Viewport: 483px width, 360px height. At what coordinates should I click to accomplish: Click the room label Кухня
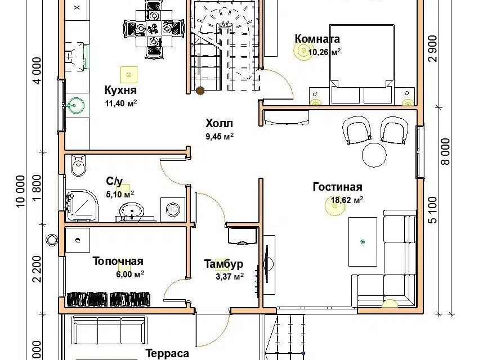pyautogui.click(x=120, y=90)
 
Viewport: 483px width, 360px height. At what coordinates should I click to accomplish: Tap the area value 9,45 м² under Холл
pyautogui.click(x=220, y=136)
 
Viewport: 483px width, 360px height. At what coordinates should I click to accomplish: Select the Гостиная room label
pyautogui.click(x=337, y=187)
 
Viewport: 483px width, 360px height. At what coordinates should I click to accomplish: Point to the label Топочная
pyautogui.click(x=118, y=261)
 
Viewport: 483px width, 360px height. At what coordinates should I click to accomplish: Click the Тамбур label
pyautogui.click(x=223, y=264)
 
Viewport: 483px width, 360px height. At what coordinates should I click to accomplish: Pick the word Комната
pyautogui.click(x=317, y=39)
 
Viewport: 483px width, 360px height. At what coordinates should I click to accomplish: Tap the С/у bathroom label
pyautogui.click(x=114, y=181)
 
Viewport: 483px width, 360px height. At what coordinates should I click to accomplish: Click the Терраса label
pyautogui.click(x=167, y=353)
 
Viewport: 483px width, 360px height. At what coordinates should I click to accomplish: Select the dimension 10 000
pyautogui.click(x=20, y=191)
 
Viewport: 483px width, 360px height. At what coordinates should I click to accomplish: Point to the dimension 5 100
pyautogui.click(x=432, y=210)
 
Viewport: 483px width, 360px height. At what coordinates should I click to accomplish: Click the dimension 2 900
pyautogui.click(x=432, y=48)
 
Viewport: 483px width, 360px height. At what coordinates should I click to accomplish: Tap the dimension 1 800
pyautogui.click(x=37, y=188)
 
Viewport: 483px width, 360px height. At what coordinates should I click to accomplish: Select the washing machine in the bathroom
pyautogui.click(x=173, y=210)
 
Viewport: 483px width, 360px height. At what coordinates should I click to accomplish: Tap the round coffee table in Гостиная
pyautogui.click(x=374, y=155)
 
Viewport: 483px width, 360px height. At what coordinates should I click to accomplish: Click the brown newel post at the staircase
pyautogui.click(x=200, y=91)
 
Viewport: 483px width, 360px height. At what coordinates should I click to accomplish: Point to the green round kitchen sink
pyautogui.click(x=75, y=106)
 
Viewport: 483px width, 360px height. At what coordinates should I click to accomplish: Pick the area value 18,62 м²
pyautogui.click(x=347, y=200)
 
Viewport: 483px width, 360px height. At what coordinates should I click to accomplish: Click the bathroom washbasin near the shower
pyautogui.click(x=132, y=211)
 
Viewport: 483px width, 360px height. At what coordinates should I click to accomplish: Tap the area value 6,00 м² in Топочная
pyautogui.click(x=130, y=274)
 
